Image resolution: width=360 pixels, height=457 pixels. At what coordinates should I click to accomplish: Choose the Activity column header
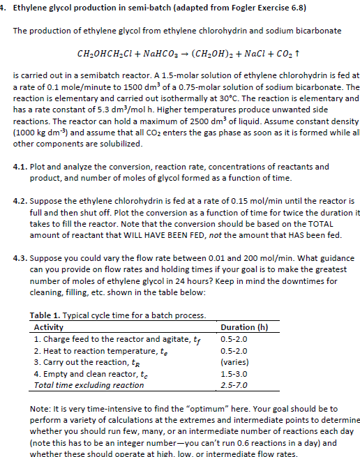49,327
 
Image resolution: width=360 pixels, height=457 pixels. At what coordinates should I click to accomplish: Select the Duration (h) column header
243,327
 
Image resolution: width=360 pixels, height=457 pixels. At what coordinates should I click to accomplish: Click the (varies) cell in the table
234,362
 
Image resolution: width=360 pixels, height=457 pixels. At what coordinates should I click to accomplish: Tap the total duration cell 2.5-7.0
233,384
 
